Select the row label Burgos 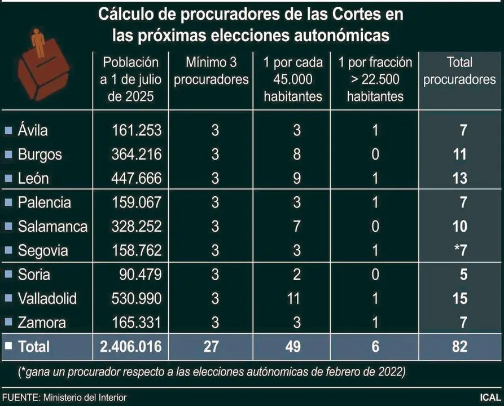40,155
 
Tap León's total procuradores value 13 460,178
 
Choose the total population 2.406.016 130,346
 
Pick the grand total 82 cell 459,346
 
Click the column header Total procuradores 459,70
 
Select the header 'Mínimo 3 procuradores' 211,70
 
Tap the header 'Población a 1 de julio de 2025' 130,79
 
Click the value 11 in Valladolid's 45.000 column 293,298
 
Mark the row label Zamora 42,323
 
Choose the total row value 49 293,346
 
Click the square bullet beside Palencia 8,202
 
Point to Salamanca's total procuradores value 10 460,226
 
